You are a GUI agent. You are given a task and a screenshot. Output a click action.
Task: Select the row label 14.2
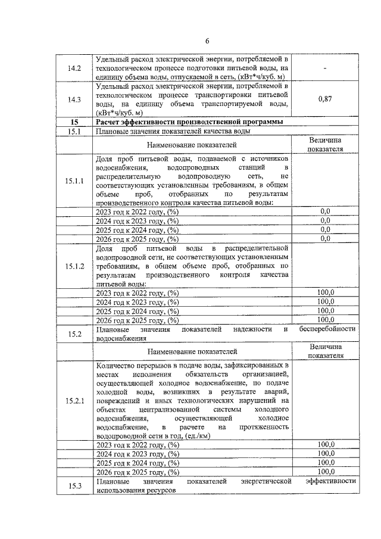74,69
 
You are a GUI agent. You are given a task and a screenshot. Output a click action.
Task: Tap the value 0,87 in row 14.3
325,99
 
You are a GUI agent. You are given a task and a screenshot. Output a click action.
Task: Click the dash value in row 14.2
325,69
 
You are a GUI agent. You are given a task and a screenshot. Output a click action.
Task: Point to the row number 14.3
74,99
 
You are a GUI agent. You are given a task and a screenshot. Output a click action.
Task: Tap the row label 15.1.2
74,266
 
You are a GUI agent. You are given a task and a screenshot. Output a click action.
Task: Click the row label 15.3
74,485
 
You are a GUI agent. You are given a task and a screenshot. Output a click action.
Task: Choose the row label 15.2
74,334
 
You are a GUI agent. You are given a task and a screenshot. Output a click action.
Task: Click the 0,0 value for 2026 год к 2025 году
325,239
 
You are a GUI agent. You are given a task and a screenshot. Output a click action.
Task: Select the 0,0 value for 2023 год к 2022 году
325,211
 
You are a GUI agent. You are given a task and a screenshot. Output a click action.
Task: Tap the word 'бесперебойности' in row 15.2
327,329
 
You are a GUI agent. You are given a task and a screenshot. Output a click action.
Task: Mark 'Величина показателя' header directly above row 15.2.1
325,351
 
